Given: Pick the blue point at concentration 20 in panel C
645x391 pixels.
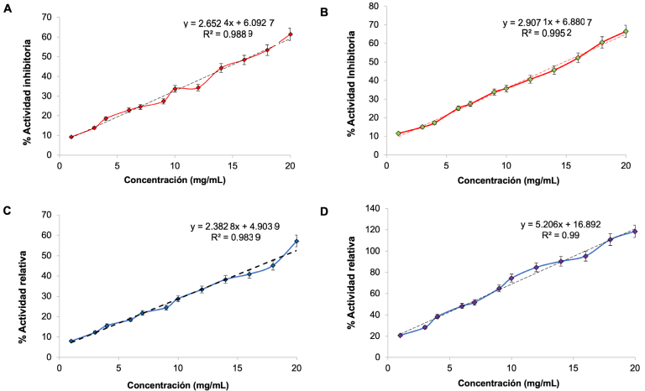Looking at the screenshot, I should click(296, 242).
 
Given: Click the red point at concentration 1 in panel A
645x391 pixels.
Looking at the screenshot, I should click(71, 137).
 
